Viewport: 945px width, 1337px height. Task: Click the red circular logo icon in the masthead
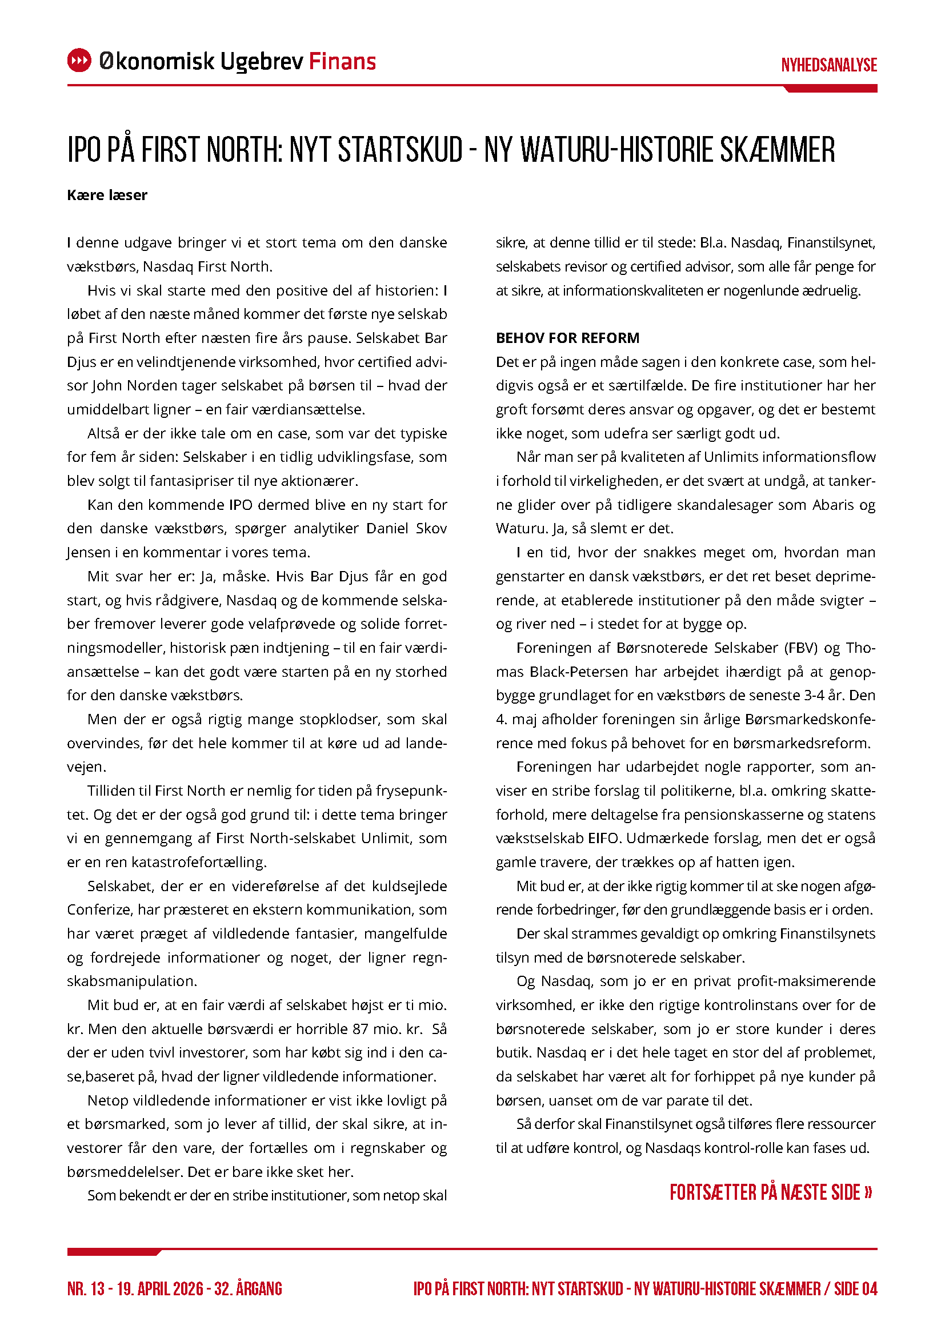[79, 61]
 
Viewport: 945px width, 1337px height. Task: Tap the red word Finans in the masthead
[342, 61]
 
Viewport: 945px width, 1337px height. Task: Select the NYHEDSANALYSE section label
[828, 65]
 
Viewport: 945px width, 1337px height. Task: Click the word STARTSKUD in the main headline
[401, 150]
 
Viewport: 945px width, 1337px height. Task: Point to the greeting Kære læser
[107, 195]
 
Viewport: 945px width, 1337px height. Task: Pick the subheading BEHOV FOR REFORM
[567, 338]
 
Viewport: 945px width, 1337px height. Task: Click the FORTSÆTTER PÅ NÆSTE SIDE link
[770, 1192]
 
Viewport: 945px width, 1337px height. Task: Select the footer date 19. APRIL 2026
[160, 1288]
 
